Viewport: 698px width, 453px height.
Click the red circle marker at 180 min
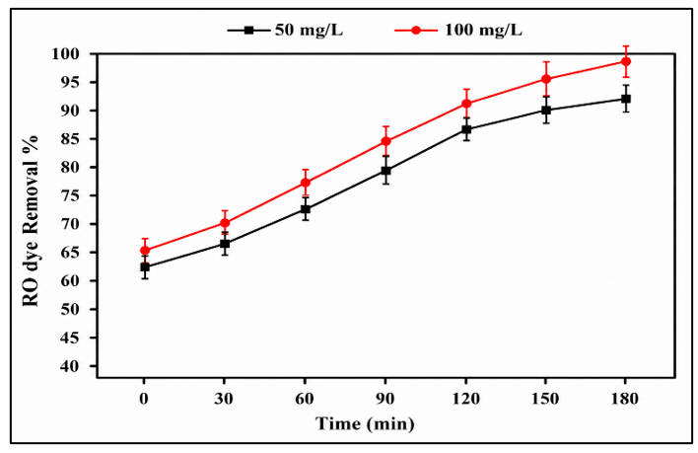click(x=625, y=61)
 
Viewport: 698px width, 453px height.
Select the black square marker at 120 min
click(x=466, y=129)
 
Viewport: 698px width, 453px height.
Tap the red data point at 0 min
click(x=145, y=251)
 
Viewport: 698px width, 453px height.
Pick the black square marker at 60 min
click(x=306, y=209)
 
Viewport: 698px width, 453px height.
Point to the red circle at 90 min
click(x=385, y=141)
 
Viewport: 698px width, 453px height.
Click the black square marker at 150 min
click(x=546, y=110)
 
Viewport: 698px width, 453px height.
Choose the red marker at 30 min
click(x=225, y=223)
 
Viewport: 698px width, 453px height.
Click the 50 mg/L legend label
click(x=309, y=31)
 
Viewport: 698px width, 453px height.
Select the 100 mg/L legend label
click(x=483, y=31)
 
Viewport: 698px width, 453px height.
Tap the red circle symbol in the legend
click(x=416, y=31)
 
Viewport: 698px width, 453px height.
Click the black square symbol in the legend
click(x=248, y=31)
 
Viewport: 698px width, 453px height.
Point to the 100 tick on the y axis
click(x=65, y=54)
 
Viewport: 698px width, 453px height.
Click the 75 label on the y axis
click(x=70, y=196)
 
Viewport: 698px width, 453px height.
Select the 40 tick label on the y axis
click(x=70, y=366)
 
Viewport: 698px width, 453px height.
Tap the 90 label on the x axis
click(x=385, y=399)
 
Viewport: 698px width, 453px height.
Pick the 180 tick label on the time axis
click(x=625, y=399)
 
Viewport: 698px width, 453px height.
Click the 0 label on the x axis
click(x=144, y=399)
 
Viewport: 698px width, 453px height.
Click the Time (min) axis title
click(x=365, y=423)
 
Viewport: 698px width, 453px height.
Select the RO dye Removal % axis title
click(x=31, y=221)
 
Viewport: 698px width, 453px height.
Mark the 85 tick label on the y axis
click(x=70, y=139)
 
